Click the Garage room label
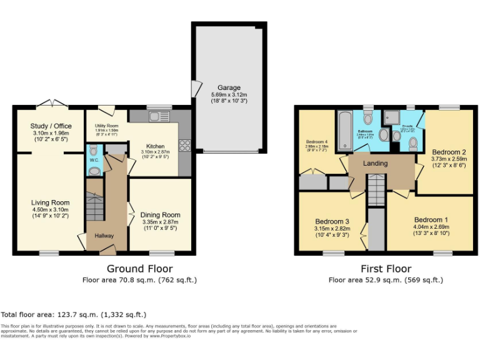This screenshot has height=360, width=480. tap(229, 87)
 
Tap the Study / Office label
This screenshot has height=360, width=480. tap(51, 126)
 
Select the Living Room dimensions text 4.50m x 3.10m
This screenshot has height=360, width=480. tap(51, 210)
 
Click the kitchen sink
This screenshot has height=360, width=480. tap(155, 116)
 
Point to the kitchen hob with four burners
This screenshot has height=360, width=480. tap(184, 146)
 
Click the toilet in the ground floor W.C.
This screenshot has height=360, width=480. tap(93, 151)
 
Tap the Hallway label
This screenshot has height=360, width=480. tap(104, 236)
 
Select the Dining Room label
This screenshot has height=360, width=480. tap(160, 215)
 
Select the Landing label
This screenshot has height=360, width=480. tap(375, 164)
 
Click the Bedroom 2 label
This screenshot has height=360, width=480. tap(449, 152)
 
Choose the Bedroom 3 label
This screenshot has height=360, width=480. tap(332, 222)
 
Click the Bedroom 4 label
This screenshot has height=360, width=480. tap(317, 142)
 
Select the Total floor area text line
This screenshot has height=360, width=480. tap(74, 314)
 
